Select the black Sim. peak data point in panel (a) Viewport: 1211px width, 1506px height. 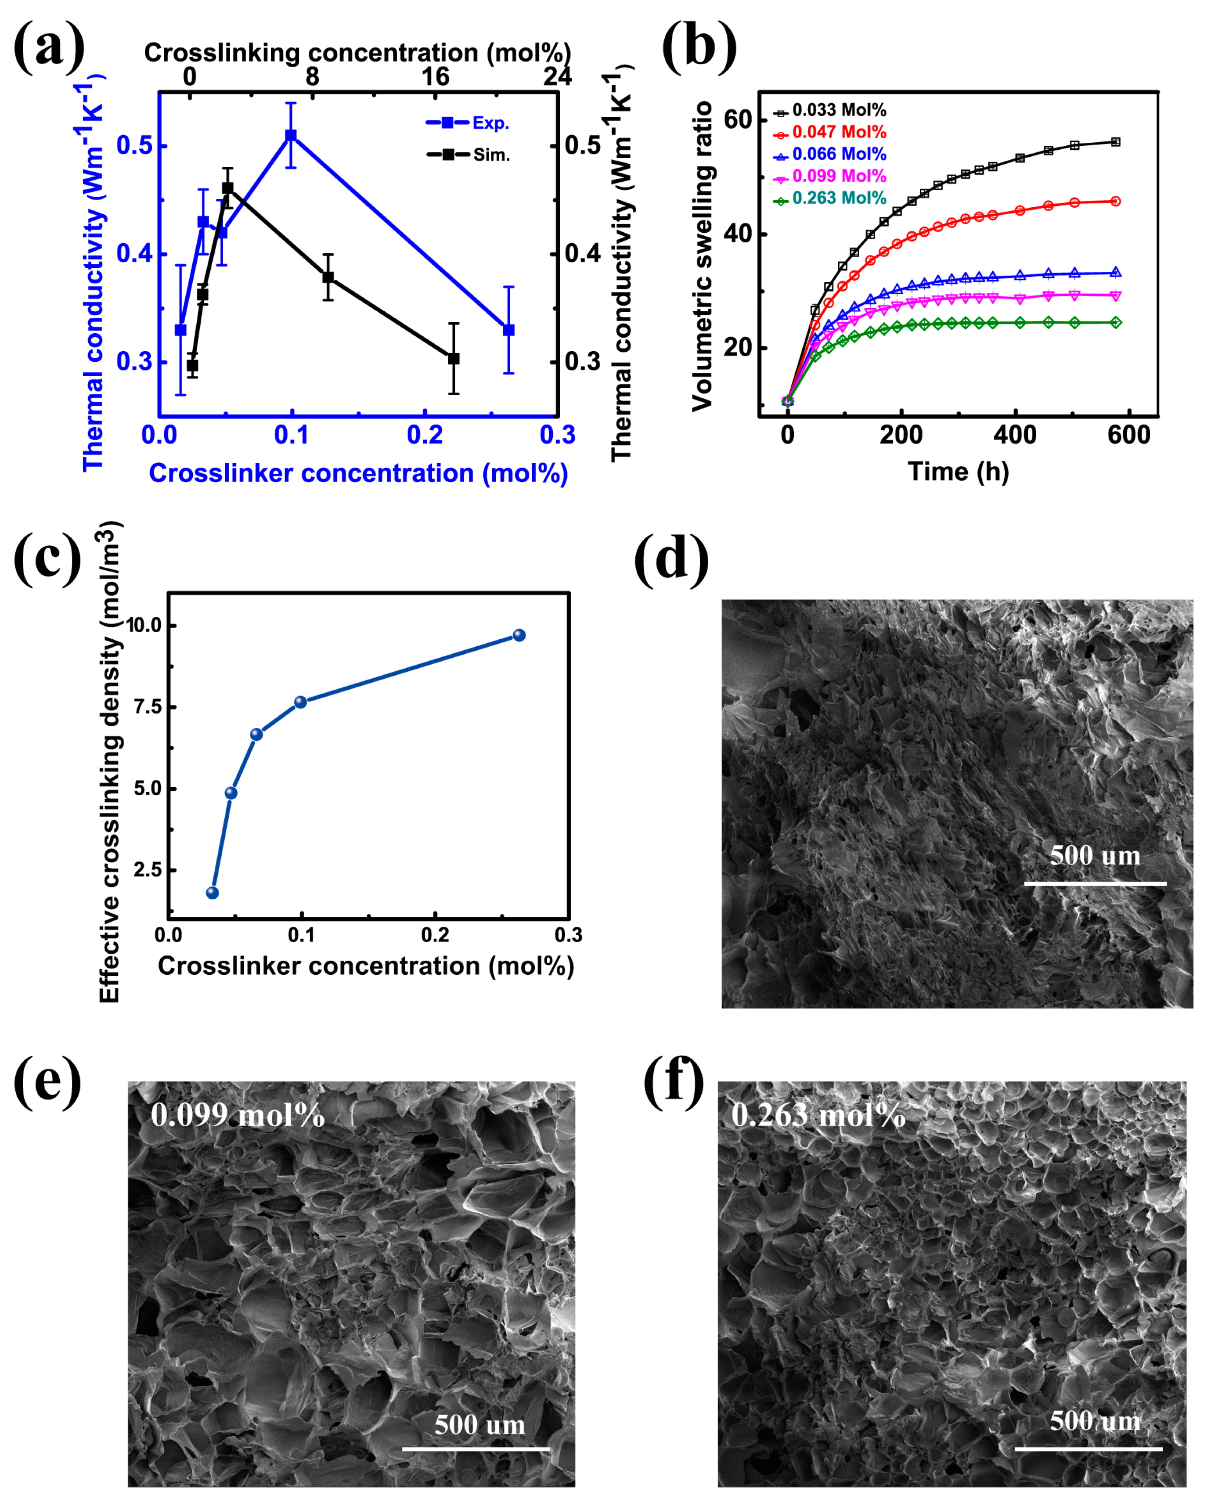pos(228,189)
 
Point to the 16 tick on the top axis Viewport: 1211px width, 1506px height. pos(435,76)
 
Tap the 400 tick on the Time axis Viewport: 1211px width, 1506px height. pos(1015,435)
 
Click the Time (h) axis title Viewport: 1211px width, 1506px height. pos(958,472)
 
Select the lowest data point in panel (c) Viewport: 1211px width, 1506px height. pos(213,893)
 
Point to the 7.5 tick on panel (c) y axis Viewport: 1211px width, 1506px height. pos(148,707)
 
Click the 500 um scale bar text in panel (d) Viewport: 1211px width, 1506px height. pos(1094,856)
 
